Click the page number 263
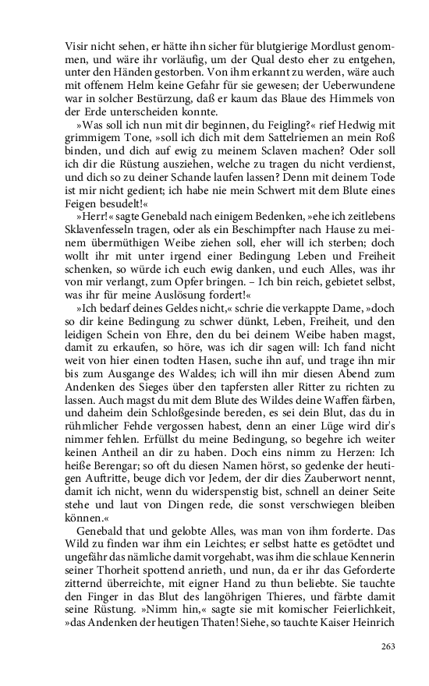pyautogui.click(x=389, y=645)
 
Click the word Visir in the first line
pyautogui.click(x=77, y=46)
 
